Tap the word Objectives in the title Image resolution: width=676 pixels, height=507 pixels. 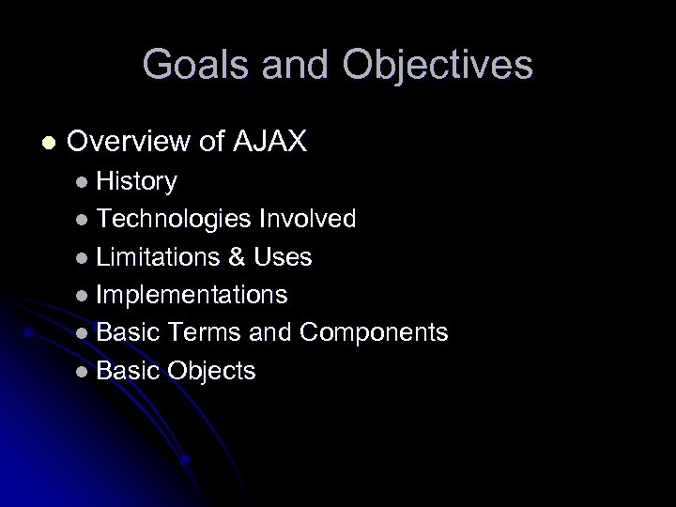coord(439,65)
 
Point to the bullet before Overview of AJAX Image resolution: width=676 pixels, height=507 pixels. coord(49,143)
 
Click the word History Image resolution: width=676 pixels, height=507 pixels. coord(137,180)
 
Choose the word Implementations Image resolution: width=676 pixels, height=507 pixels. coord(192,295)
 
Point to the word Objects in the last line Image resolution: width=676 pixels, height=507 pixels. coord(212,371)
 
